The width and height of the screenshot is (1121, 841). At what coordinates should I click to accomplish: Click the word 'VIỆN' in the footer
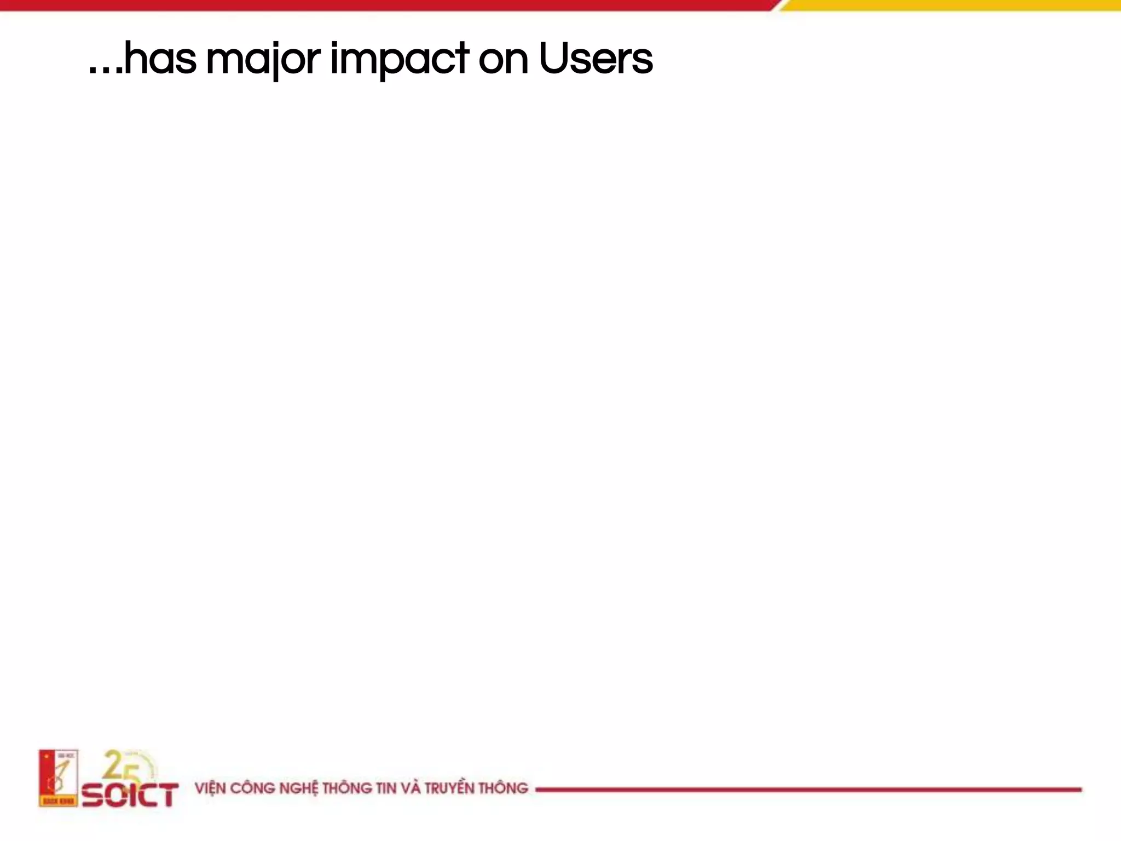210,788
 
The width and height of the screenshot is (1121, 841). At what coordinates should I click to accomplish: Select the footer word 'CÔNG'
252,788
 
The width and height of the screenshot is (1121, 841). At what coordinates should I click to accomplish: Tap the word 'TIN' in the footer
385,788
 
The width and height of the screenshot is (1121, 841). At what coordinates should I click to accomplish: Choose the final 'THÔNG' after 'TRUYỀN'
503,788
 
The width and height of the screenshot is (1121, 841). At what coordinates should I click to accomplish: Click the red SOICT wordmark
130,794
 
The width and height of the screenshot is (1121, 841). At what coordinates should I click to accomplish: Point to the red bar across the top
383,5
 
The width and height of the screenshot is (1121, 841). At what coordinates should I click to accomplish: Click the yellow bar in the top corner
952,5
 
